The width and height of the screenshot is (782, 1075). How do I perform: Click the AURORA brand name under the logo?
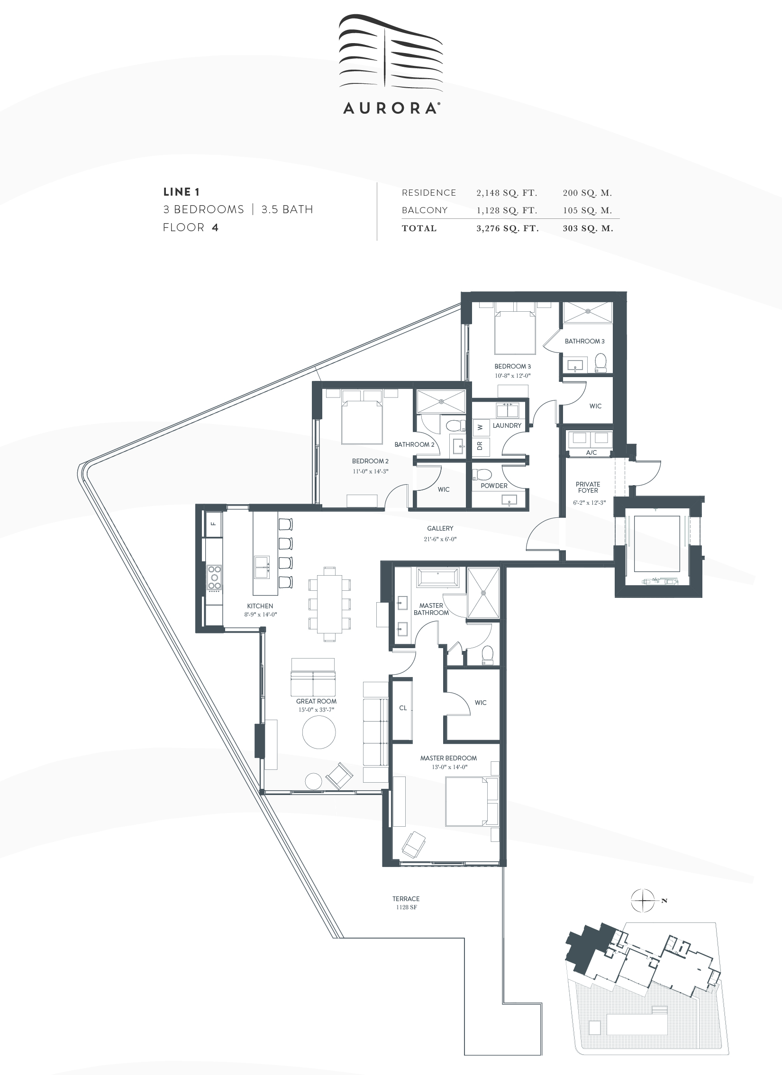tap(390, 108)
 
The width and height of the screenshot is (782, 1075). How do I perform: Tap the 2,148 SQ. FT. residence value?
tap(507, 193)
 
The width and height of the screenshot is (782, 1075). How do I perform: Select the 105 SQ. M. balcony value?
tap(587, 210)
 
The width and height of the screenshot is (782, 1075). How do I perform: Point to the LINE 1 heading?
tap(181, 192)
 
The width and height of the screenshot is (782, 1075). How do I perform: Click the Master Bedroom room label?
tap(448, 758)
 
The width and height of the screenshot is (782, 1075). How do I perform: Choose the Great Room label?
tap(316, 701)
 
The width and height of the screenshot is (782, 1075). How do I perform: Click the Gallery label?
tap(440, 528)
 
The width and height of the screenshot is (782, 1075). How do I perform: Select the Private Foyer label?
tap(588, 487)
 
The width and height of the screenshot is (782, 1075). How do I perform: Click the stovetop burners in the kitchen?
tap(215, 578)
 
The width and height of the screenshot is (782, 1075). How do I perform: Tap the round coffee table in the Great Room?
tap(319, 732)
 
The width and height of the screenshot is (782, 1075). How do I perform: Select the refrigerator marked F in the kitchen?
tap(213, 524)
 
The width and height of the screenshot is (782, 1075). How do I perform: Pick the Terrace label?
tap(406, 899)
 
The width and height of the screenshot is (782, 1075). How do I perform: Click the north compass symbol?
tap(643, 901)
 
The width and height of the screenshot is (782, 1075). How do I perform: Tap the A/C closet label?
tap(591, 452)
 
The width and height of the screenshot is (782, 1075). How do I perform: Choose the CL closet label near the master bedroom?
tap(403, 708)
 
